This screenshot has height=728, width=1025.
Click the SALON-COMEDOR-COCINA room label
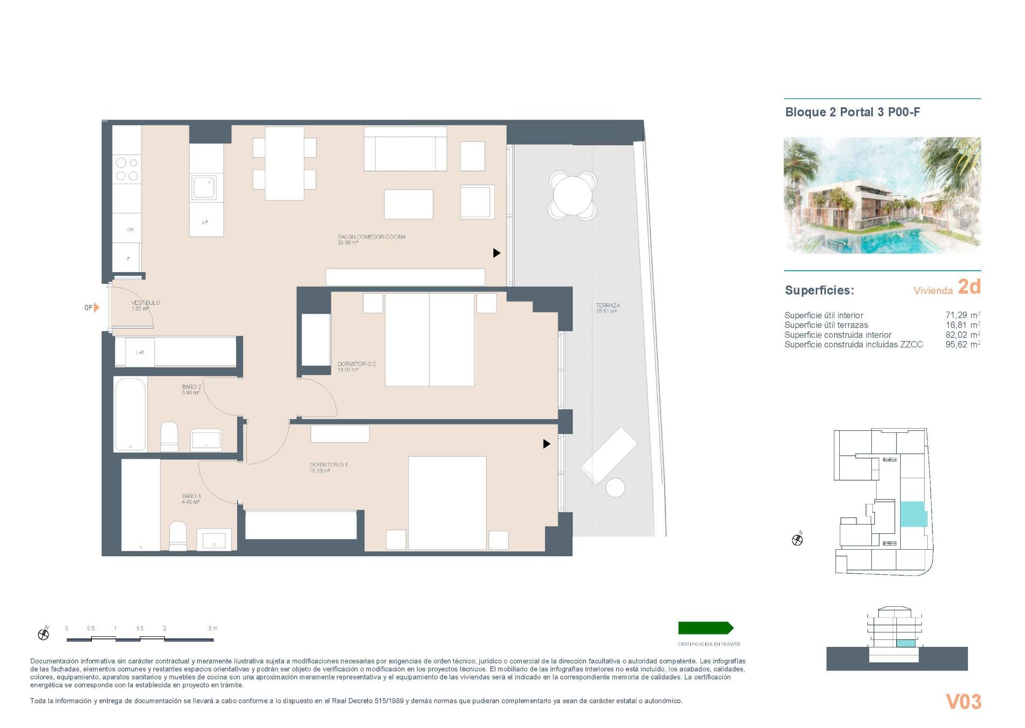tap(371, 237)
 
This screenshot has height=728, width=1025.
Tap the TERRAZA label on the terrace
tap(608, 306)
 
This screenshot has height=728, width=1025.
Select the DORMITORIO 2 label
tap(356, 364)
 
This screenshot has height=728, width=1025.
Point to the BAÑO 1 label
tap(191, 496)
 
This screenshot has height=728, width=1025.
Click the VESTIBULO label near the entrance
tap(145, 303)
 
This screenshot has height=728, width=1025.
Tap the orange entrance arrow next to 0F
tap(97, 307)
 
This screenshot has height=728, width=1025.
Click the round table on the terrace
tap(573, 196)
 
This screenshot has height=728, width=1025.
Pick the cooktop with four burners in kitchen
tap(127, 169)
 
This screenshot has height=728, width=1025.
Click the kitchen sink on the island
tap(205, 187)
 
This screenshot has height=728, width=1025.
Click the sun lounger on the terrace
tap(609, 455)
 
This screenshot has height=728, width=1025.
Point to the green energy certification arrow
tap(705, 628)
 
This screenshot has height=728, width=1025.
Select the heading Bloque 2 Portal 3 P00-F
tap(852, 112)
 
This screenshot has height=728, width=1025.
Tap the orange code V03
tap(963, 701)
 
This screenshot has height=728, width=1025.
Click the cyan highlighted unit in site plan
tap(913, 514)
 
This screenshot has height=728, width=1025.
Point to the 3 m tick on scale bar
tap(212, 628)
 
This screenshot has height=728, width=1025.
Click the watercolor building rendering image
tap(882, 195)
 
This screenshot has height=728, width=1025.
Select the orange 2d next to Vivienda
tap(969, 287)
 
